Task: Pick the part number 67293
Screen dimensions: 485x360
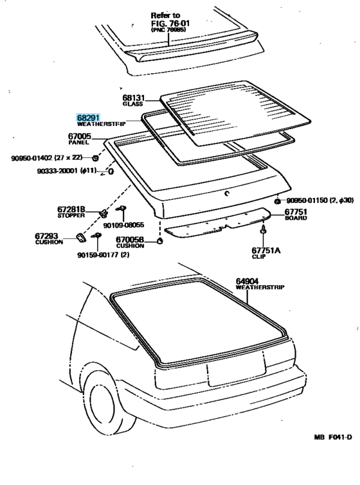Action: click(49, 236)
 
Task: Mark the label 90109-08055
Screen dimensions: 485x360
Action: click(123, 225)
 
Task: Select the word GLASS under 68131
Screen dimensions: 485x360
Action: click(132, 103)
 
